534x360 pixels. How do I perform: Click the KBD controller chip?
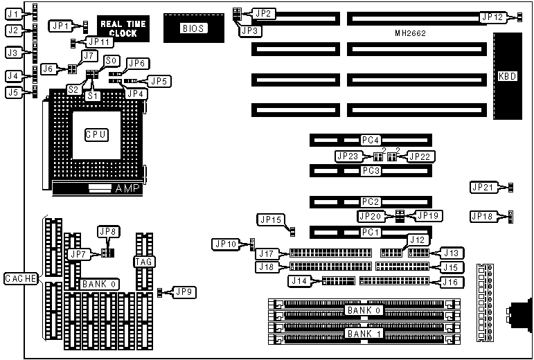pos(507,76)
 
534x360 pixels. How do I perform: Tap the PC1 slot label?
pos(371,232)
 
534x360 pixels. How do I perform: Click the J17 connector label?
pos(269,253)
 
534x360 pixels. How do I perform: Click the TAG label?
pos(143,261)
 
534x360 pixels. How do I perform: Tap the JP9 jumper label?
pos(183,291)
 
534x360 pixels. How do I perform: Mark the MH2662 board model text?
pos(411,33)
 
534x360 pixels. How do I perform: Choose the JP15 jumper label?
pos(269,219)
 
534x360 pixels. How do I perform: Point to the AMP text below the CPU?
pos(128,188)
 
